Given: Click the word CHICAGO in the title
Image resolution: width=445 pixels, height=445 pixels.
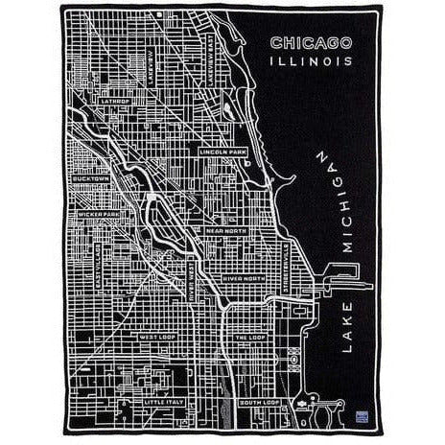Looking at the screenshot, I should coord(311,43).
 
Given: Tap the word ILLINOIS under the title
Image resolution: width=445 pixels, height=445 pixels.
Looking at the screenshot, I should coord(311,60).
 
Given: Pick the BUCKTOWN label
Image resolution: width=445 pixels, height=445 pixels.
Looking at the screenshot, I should coord(94,178).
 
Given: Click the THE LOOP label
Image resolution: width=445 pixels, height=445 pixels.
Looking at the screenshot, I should coord(248,337).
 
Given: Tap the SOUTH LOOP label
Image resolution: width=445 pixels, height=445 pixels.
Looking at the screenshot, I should coord(257,403).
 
